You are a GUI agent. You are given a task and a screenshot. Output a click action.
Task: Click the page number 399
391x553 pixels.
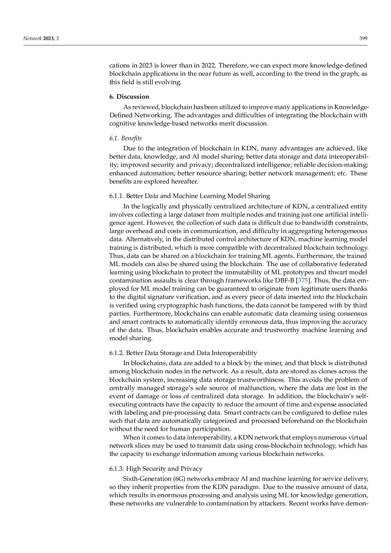click(363, 38)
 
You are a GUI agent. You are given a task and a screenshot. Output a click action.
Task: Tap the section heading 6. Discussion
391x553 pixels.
click(129, 96)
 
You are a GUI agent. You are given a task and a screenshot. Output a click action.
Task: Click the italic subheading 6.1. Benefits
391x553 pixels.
click(125, 138)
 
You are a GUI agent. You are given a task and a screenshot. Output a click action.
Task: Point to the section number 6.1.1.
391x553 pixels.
click(116, 196)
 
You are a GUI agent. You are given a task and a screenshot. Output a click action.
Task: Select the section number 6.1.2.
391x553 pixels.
click(116, 353)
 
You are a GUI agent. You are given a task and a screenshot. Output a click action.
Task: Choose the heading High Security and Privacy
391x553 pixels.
click(164, 469)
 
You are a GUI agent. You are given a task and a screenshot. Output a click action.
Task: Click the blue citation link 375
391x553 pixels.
click(303, 281)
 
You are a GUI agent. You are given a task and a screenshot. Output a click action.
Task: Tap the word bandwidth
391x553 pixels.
click(319, 223)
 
